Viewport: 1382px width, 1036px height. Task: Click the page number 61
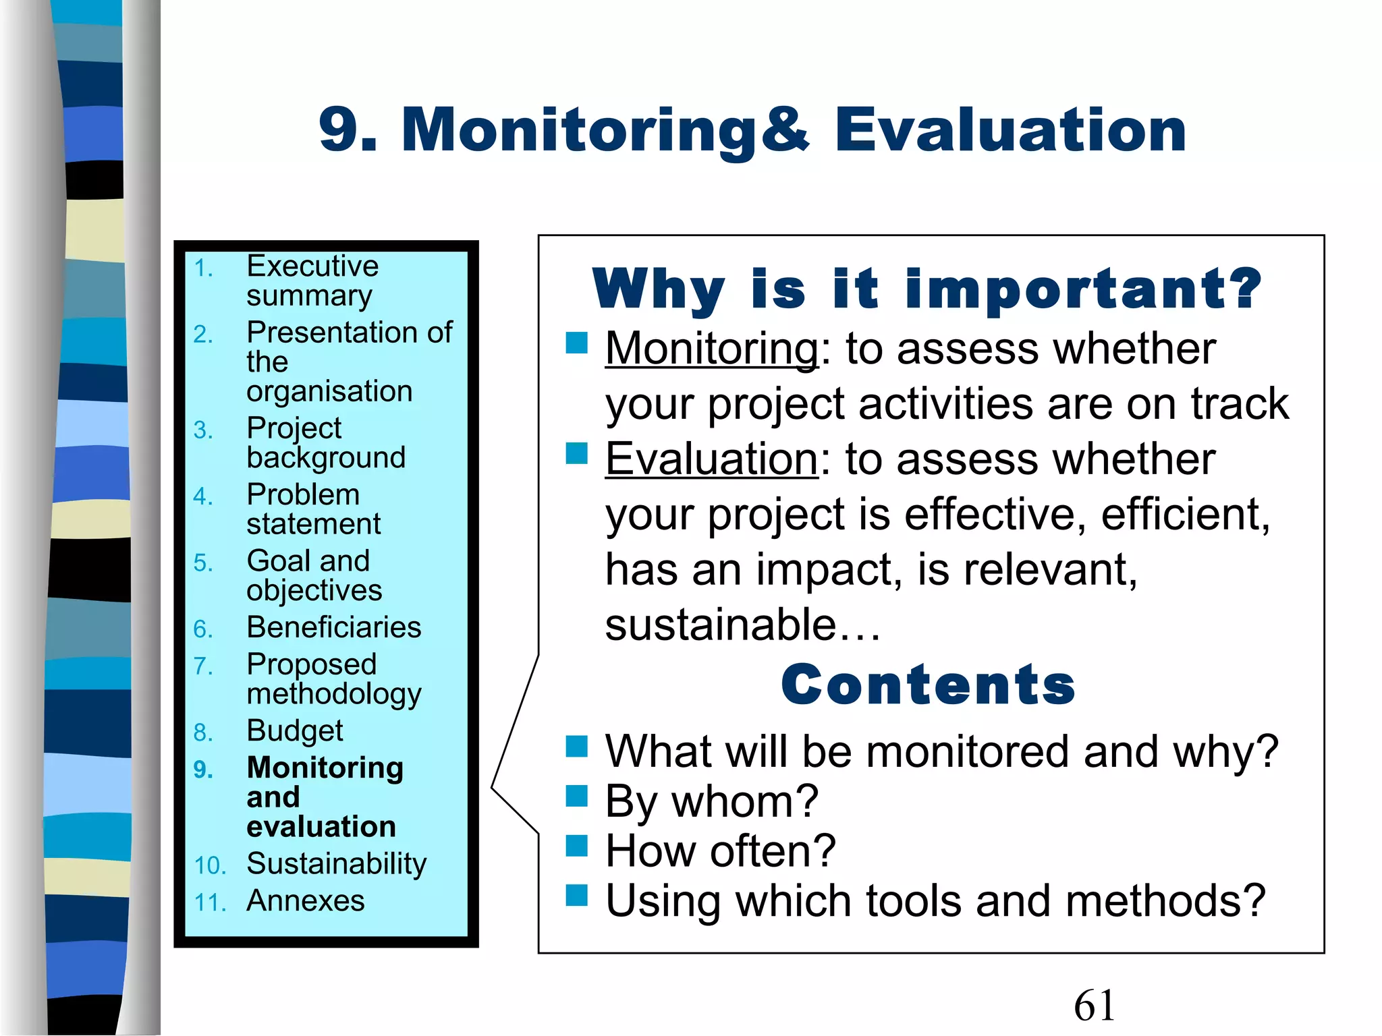[x=1094, y=1005]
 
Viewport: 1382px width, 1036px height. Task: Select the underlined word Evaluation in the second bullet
[x=711, y=459]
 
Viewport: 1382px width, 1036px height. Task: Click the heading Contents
[x=928, y=685]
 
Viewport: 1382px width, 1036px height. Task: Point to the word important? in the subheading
[x=1083, y=289]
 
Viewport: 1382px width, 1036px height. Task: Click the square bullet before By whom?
[x=577, y=796]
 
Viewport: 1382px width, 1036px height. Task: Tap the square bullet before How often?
[x=577, y=845]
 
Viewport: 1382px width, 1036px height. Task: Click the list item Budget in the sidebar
[x=295, y=730]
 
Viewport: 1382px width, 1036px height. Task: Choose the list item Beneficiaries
[x=334, y=627]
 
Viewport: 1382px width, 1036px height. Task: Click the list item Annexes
[x=306, y=900]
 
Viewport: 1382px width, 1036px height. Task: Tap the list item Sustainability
[x=337, y=863]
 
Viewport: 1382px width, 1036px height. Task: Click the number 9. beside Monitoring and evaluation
[x=203, y=770]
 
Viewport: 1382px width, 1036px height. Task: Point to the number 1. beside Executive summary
[x=203, y=268]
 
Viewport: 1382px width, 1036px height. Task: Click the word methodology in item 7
[x=334, y=694]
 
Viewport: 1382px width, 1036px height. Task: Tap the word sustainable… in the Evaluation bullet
[x=742, y=625]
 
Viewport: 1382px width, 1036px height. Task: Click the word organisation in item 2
[x=329, y=391]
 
